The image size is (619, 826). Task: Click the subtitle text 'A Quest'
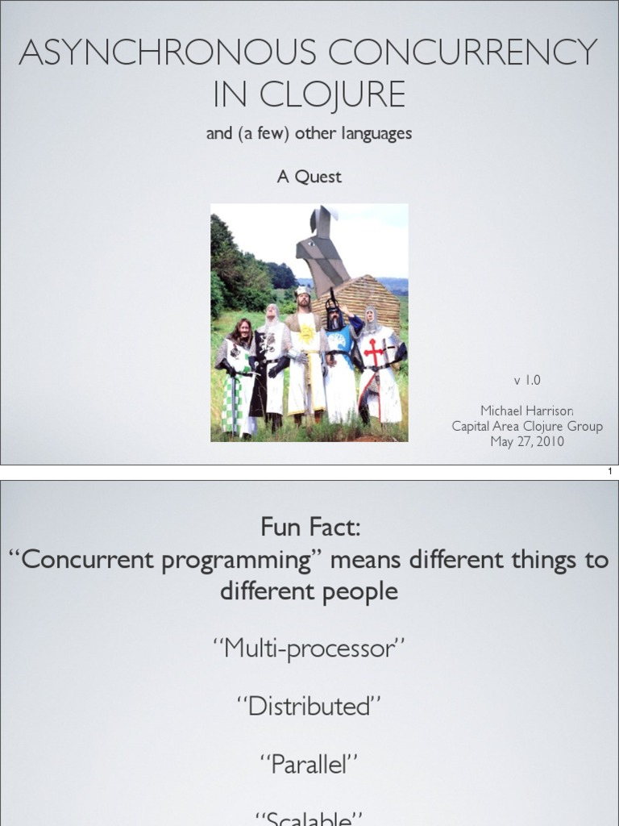[309, 177]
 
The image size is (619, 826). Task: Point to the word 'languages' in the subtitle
[376, 134]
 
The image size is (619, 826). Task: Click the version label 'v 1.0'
[527, 378]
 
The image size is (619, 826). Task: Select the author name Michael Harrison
[527, 411]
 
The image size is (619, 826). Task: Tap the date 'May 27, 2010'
[527, 442]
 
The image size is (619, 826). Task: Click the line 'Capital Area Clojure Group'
[527, 427]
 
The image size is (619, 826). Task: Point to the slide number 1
[609, 472]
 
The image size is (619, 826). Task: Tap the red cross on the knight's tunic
[374, 352]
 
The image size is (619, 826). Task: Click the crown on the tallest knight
[302, 290]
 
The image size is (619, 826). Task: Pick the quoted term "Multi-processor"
[309, 647]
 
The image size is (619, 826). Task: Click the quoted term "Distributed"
[309, 706]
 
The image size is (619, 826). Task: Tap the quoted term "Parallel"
[309, 764]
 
